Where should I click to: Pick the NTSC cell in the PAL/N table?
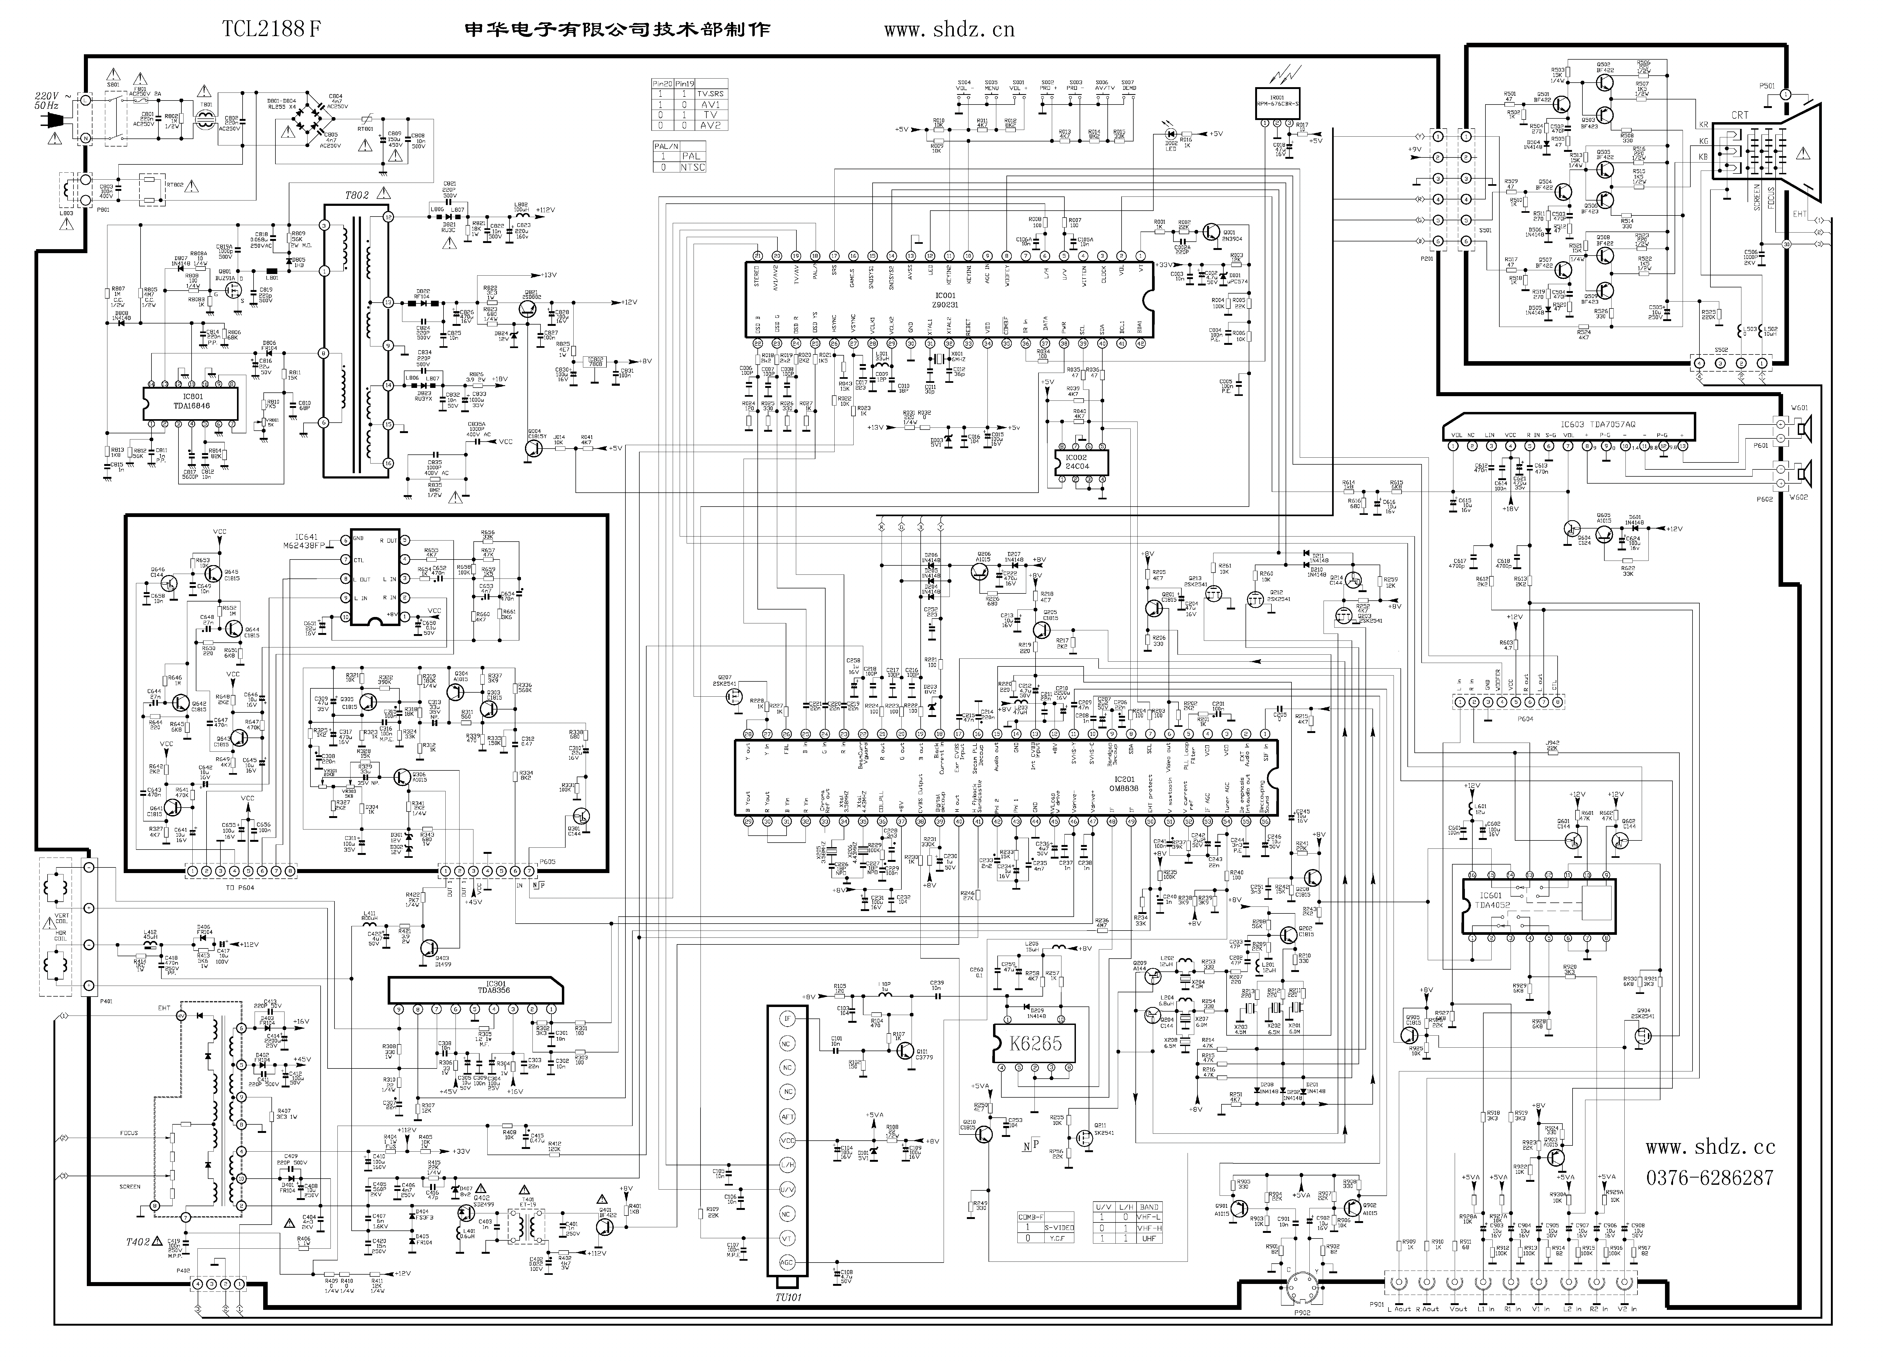tap(691, 167)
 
